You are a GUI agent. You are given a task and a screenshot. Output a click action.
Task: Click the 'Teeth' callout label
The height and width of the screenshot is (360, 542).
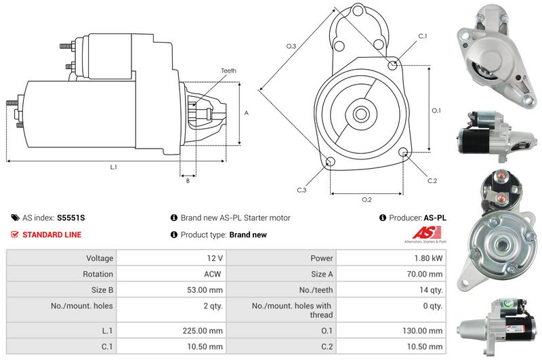(x=228, y=71)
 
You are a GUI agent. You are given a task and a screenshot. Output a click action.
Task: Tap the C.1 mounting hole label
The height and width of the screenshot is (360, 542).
(x=422, y=36)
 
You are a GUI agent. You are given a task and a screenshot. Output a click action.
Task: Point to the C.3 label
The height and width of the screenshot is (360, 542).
(x=301, y=190)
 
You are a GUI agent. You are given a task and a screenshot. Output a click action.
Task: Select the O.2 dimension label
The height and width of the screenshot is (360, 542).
(x=367, y=199)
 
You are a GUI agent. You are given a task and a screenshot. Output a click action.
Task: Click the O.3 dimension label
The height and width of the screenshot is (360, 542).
(x=291, y=46)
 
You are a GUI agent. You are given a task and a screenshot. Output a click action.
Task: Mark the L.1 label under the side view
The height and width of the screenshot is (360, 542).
(x=114, y=167)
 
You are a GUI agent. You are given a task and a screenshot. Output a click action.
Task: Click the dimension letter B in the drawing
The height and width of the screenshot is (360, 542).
(x=188, y=180)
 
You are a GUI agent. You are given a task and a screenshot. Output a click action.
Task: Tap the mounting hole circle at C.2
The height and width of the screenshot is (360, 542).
(x=403, y=152)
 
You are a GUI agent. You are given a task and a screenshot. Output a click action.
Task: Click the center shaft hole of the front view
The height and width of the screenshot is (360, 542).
(x=361, y=113)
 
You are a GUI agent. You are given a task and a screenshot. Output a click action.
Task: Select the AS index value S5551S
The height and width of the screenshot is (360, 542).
(x=71, y=218)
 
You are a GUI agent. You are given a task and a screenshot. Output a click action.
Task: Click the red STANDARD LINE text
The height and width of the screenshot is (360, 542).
(x=52, y=235)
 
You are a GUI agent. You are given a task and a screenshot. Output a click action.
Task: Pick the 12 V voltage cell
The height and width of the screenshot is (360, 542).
(x=215, y=258)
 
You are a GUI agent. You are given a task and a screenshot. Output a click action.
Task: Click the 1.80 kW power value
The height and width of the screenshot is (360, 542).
(x=428, y=258)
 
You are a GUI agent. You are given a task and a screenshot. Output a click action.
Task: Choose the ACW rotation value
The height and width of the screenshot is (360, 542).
(x=212, y=274)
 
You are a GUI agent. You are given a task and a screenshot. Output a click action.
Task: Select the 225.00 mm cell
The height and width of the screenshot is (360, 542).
(x=203, y=331)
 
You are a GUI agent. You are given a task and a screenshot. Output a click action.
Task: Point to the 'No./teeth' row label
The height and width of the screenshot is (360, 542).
(x=316, y=290)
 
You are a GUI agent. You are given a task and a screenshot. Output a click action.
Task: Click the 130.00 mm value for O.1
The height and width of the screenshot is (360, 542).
(x=422, y=331)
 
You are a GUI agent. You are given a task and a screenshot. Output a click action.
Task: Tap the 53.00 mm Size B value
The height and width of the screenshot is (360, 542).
(x=205, y=290)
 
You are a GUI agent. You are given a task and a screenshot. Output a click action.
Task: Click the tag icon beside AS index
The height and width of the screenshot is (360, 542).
(x=15, y=218)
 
